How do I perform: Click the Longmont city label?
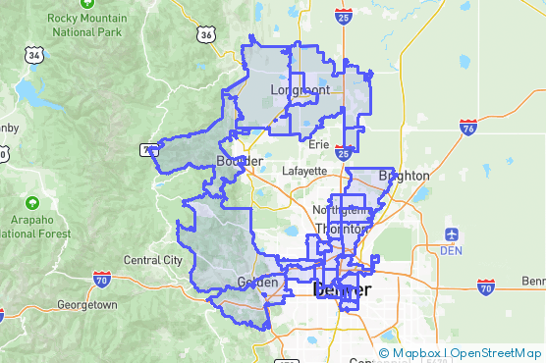tap(300, 90)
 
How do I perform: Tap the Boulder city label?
tap(238, 160)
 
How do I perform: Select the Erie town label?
tap(318, 144)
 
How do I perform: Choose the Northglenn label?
tap(341, 210)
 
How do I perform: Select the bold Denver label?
tap(342, 290)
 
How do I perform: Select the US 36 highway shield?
tap(205, 34)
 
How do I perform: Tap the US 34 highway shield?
tap(34, 57)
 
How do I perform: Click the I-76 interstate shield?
tap(468, 128)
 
